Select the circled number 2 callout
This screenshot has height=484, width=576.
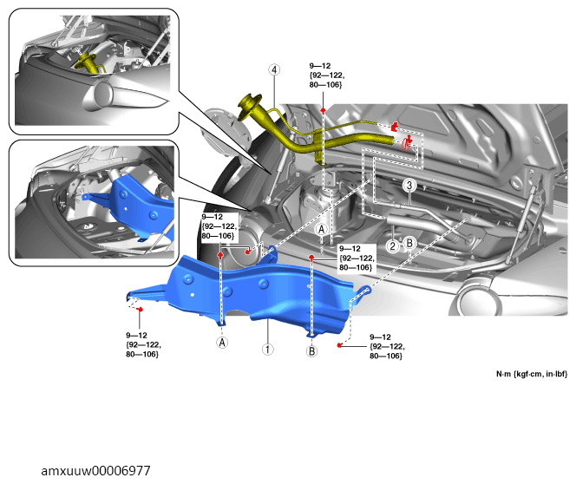pos(393,246)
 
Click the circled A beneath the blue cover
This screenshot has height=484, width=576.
pos(222,343)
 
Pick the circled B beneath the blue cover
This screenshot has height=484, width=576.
pos(311,351)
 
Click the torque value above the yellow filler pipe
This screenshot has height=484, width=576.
pos(325,74)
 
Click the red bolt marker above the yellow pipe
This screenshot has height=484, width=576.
pos(323,112)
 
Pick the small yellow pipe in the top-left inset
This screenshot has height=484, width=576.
pos(88,64)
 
